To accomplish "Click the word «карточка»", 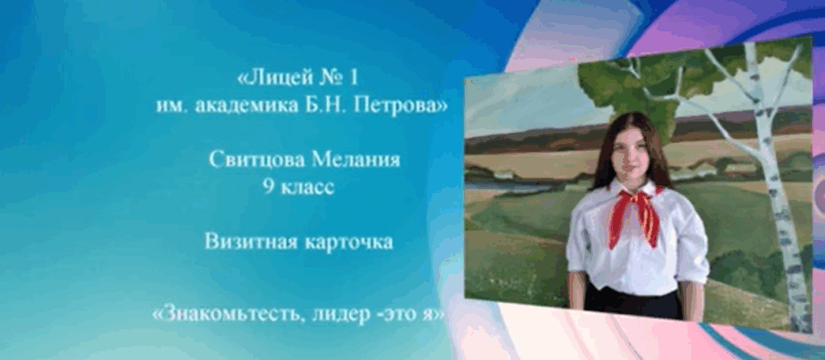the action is [x=346, y=242].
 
